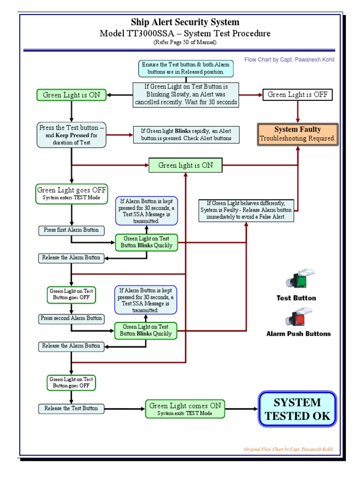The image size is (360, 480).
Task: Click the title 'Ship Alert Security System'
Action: click(x=185, y=22)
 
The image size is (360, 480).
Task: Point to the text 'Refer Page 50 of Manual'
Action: click(x=185, y=43)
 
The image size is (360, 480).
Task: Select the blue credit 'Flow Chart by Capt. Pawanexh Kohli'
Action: click(x=289, y=60)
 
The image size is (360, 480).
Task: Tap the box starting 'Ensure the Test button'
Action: click(x=186, y=69)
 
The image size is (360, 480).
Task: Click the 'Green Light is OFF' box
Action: click(x=298, y=95)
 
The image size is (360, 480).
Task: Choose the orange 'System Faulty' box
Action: click(x=298, y=134)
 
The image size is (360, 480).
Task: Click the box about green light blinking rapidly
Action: click(x=186, y=135)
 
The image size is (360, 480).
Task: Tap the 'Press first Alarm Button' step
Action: click(x=71, y=230)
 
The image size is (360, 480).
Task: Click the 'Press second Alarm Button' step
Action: click(x=71, y=318)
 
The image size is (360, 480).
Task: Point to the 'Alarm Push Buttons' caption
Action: click(x=298, y=334)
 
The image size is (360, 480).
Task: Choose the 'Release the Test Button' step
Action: click(x=71, y=408)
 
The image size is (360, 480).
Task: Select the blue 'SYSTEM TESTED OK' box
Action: click(x=297, y=409)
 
